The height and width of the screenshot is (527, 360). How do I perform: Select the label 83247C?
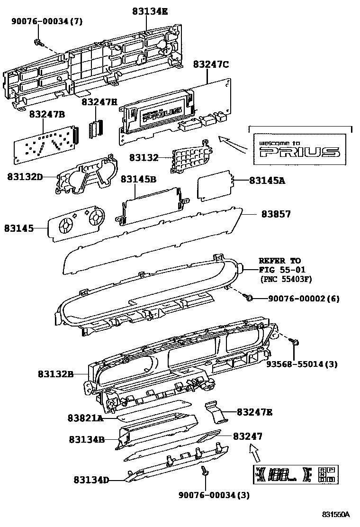pyautogui.click(x=211, y=64)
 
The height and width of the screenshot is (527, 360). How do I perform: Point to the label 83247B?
pyautogui.click(x=47, y=114)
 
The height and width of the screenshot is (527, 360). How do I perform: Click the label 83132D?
pyautogui.click(x=25, y=177)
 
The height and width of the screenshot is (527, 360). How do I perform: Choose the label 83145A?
pyautogui.click(x=267, y=181)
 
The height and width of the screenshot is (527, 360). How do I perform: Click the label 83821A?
pyautogui.click(x=85, y=418)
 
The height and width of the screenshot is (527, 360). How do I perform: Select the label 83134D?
pyautogui.click(x=91, y=480)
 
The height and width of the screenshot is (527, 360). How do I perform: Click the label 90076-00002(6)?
pyautogui.click(x=304, y=299)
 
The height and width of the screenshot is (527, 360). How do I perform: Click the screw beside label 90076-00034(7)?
pyautogui.click(x=37, y=42)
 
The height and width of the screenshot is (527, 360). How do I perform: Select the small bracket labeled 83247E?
pyautogui.click(x=216, y=411)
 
